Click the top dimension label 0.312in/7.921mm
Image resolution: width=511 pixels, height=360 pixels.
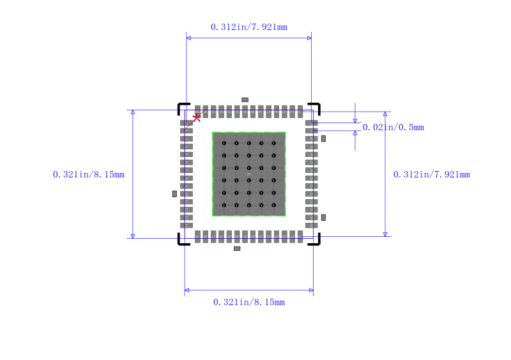(x=248, y=27)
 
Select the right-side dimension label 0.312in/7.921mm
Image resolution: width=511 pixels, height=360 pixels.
(x=431, y=174)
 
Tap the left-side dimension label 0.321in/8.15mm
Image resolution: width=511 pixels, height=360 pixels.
(x=89, y=174)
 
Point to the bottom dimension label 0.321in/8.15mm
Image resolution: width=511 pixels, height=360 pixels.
(x=248, y=302)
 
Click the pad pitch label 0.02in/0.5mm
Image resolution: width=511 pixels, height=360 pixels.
(x=393, y=127)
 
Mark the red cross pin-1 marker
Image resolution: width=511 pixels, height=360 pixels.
(x=197, y=117)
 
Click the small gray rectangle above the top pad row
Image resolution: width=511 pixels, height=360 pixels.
(x=245, y=100)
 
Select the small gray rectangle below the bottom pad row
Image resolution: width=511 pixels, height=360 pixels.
(x=237, y=248)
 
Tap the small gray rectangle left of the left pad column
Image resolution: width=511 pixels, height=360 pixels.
(x=174, y=193)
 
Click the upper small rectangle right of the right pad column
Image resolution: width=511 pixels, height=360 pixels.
(x=323, y=139)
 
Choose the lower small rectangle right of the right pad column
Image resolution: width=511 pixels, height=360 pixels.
(x=323, y=218)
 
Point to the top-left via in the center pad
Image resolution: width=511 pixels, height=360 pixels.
(x=224, y=143)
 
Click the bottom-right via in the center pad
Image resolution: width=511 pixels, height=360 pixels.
(x=273, y=205)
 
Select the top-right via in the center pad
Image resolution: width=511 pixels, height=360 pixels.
(x=273, y=143)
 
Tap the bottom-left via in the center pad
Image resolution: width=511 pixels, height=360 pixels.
(x=224, y=205)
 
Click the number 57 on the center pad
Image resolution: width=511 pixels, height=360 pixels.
(x=249, y=174)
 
